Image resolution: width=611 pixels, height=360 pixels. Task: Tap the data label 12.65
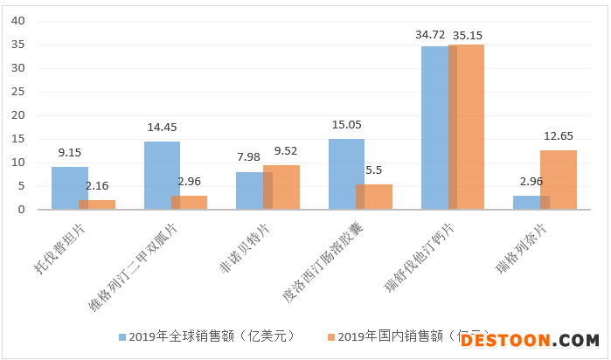pyautogui.click(x=559, y=135)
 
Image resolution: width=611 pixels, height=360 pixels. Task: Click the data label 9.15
pyautogui.click(x=69, y=151)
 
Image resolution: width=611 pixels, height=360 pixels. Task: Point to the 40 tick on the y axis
pyautogui.click(x=20, y=20)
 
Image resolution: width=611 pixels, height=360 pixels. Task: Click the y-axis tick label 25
pyautogui.click(x=20, y=92)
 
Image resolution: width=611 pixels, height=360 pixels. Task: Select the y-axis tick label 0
pyautogui.click(x=24, y=210)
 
